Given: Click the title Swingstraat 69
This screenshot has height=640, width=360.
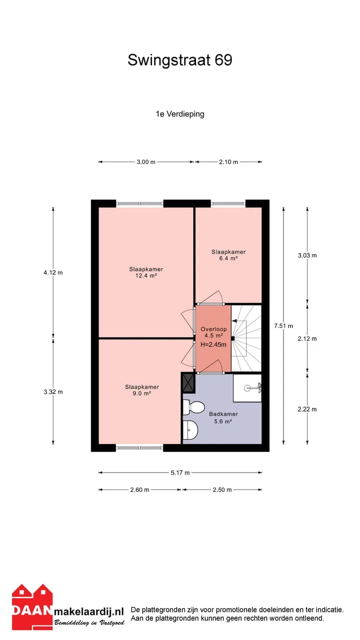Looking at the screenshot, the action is point(179,60).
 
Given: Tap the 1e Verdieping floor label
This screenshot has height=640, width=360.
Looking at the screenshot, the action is point(179,114).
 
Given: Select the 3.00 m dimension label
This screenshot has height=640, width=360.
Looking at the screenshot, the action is point(146,162).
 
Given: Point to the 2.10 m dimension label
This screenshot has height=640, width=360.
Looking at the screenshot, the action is point(228,162).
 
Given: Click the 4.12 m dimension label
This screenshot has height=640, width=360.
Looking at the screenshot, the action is point(53,272).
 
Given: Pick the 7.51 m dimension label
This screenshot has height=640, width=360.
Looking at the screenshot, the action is point(283,325).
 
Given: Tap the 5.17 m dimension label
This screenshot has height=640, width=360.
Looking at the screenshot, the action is point(180,472).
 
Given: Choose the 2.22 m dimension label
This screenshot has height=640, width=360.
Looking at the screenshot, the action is point(307,409).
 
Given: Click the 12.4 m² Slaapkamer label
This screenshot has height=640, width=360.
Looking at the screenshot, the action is point(146,272).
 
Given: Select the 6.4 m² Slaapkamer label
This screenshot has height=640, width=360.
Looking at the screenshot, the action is point(228,255).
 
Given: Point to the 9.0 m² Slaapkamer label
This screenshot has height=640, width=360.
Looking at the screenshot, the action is point(141,390).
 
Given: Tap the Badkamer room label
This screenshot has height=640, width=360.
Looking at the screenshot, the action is point(223,413).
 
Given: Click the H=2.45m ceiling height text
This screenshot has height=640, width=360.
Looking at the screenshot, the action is point(213,344).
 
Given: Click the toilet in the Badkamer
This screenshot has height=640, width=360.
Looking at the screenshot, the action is point(193,407).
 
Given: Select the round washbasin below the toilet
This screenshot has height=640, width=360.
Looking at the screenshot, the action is point(190,429).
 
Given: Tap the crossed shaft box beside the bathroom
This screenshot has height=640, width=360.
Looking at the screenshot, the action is point(188,383).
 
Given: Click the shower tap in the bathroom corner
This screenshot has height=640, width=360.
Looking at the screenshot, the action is point(259,387).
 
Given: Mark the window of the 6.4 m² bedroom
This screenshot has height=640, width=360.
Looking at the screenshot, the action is point(228,203).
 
